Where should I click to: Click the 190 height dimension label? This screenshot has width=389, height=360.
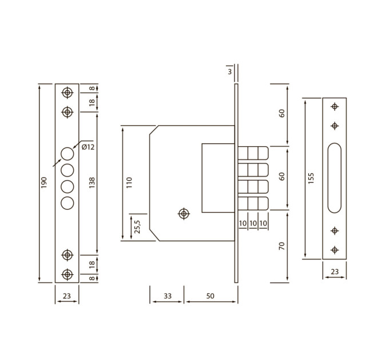click(x=43, y=182)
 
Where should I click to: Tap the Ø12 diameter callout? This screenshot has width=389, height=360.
click(x=88, y=147)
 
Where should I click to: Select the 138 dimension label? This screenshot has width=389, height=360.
click(x=92, y=183)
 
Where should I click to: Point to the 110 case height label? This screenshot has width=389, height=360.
click(x=129, y=183)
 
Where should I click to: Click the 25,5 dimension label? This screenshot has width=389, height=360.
click(x=137, y=227)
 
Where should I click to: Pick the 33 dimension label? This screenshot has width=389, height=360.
click(x=168, y=296)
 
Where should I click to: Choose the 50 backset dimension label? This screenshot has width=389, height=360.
click(x=210, y=296)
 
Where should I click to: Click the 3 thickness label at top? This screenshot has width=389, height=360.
click(x=230, y=71)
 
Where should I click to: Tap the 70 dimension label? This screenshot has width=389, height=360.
click(x=282, y=246)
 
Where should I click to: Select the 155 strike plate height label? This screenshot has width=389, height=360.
click(x=311, y=178)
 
